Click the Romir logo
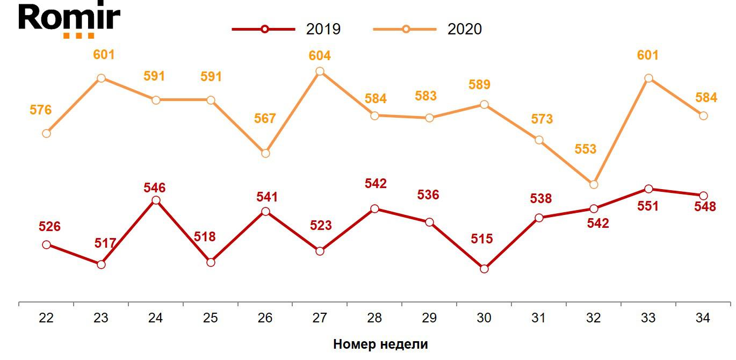(x=69, y=20)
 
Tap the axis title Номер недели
(x=380, y=344)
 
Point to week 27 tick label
(x=320, y=318)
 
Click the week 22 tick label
(x=46, y=318)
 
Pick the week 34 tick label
(x=703, y=318)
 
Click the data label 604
(x=320, y=56)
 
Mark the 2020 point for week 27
(x=320, y=71)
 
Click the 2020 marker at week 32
(x=594, y=184)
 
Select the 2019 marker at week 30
(x=484, y=269)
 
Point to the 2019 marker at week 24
(x=156, y=200)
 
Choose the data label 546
(x=155, y=188)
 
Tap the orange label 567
(x=265, y=119)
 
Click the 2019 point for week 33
(x=648, y=189)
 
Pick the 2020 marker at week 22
(x=46, y=133)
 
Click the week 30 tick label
(x=484, y=318)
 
